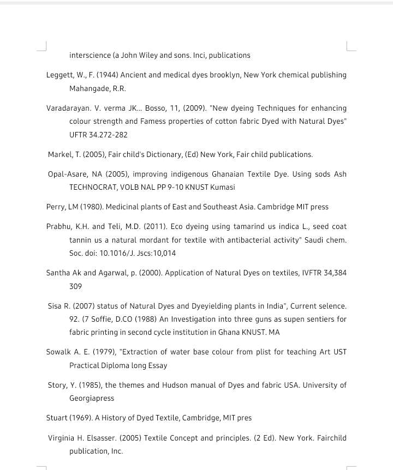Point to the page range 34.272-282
point(108,135)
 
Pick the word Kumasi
point(223,187)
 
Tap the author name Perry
point(55,207)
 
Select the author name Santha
point(58,273)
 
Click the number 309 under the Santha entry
point(75,286)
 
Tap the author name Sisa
point(55,306)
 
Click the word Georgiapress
point(92,398)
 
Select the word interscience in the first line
point(90,55)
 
